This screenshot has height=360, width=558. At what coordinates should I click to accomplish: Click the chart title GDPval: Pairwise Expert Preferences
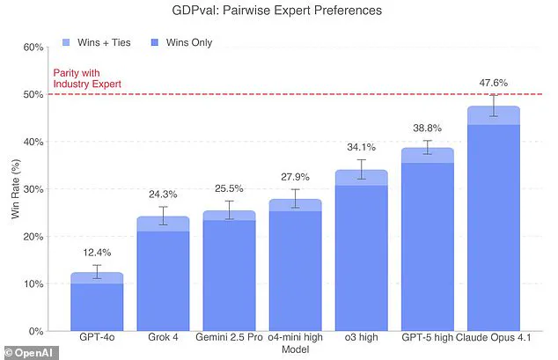tap(279, 12)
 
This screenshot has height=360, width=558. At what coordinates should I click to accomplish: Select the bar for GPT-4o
tap(97, 304)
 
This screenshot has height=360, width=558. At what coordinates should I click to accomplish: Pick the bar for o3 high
tap(361, 251)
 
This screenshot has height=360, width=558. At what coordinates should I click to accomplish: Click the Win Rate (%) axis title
tap(11, 189)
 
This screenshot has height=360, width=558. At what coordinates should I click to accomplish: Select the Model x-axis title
tap(295, 349)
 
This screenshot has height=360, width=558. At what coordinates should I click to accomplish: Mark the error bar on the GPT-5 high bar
tap(428, 147)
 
